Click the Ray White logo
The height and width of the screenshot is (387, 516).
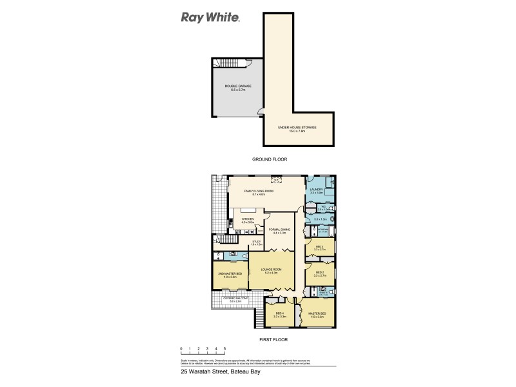point(210,17)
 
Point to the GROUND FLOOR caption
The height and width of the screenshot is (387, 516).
point(270,159)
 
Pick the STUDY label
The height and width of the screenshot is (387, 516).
point(256,243)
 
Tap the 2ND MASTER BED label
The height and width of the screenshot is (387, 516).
point(230,275)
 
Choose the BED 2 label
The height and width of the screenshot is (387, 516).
point(319,273)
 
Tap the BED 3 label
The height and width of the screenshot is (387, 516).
point(319,247)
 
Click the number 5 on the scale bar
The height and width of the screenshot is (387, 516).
point(224,348)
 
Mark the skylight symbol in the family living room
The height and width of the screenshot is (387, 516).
point(277,180)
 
